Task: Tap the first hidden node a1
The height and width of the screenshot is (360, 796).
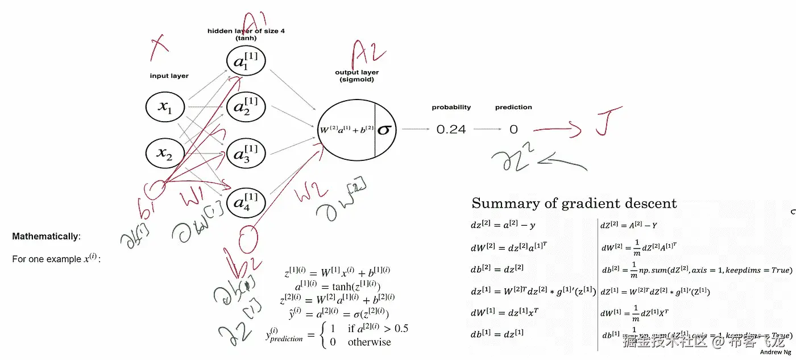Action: (246, 61)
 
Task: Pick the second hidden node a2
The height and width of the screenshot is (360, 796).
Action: (246, 106)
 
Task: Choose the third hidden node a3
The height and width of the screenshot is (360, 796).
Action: (246, 153)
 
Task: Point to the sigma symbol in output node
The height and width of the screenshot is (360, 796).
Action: (385, 130)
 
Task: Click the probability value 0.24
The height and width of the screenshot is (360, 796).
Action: (451, 130)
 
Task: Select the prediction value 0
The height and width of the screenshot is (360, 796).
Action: (513, 130)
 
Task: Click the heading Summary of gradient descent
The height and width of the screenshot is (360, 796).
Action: (574, 204)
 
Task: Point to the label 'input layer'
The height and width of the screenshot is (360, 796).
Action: (169, 76)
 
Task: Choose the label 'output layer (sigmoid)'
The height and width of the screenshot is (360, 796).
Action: (357, 76)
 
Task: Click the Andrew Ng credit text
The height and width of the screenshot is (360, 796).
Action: (775, 352)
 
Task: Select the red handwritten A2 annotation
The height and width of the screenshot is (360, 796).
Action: (368, 54)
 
